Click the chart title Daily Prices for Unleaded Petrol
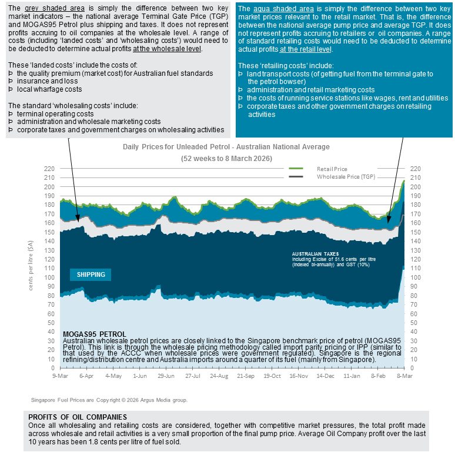point(226,147)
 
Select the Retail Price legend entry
point(332,168)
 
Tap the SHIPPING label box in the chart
point(91,274)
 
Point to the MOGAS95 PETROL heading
point(94,334)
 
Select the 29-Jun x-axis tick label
point(166,375)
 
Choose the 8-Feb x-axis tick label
point(379,375)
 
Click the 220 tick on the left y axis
point(49,169)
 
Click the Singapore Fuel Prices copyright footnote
point(109,400)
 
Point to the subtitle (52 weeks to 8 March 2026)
point(226,159)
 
